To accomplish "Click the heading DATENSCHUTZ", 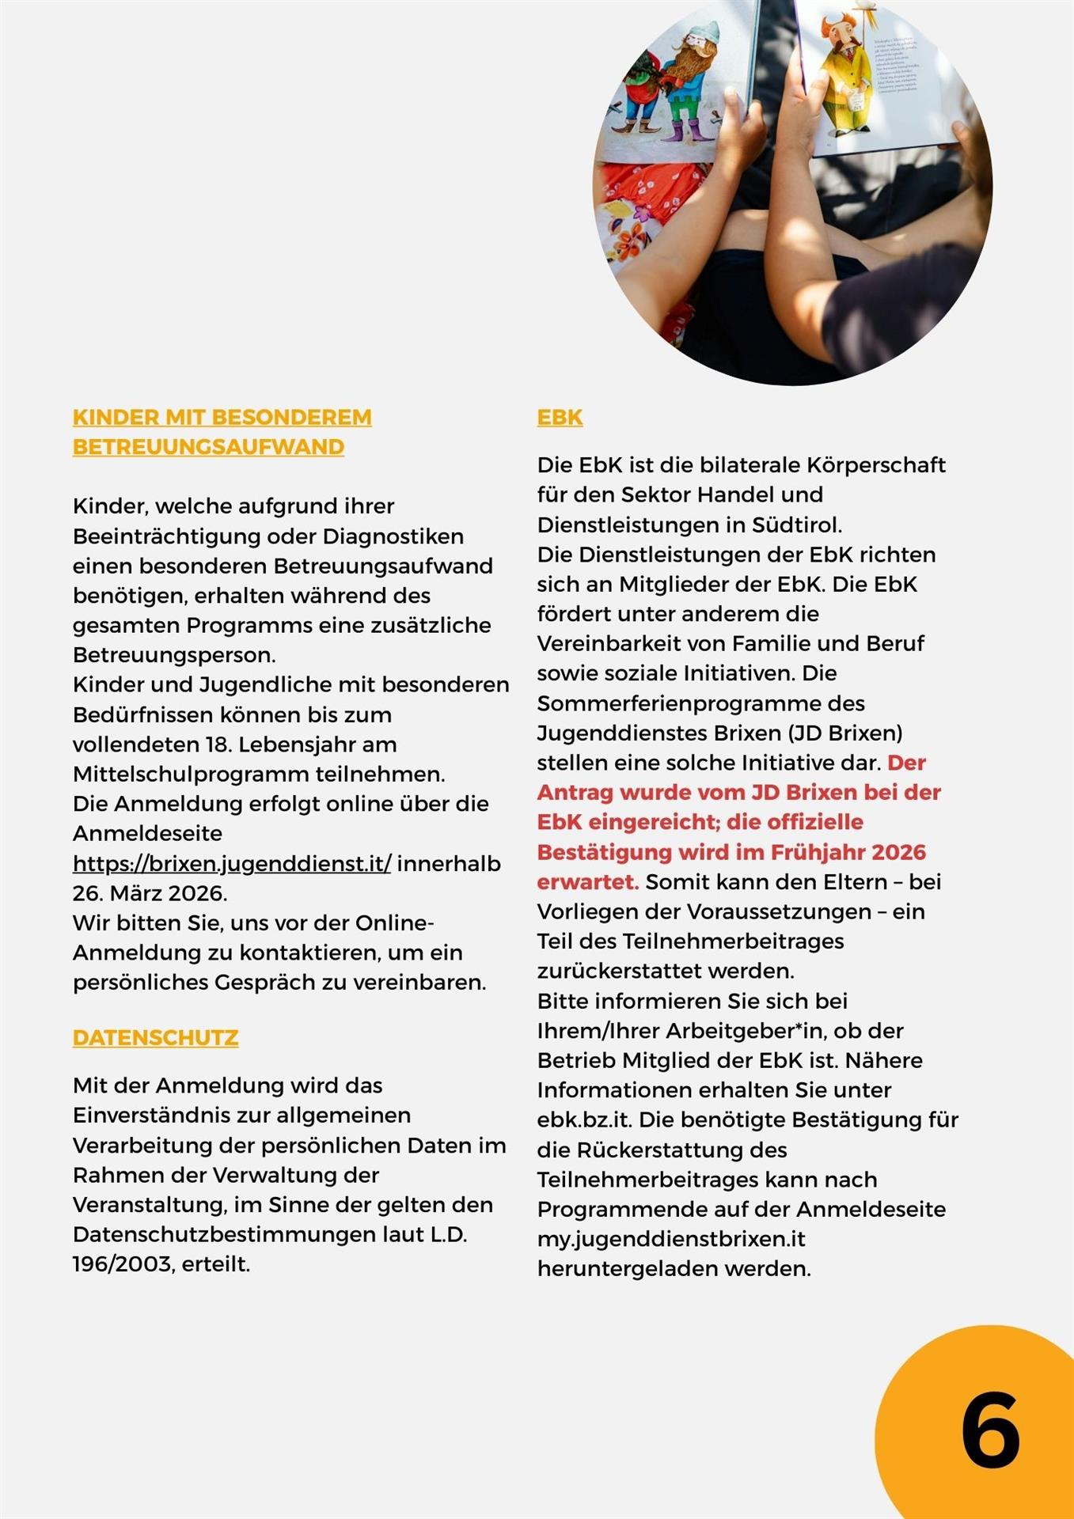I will coord(155,1037).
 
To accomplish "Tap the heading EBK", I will coord(560,417).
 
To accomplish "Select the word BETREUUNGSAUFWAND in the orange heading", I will coord(208,447).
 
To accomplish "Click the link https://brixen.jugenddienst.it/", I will coord(232,863).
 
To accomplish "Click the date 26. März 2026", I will coord(149,893).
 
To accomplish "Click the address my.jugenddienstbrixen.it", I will coord(671,1239).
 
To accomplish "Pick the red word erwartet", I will coord(587,882).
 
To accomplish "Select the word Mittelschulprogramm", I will coord(190,774).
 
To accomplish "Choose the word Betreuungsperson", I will coord(174,655).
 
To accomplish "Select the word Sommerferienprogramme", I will coord(700,703).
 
